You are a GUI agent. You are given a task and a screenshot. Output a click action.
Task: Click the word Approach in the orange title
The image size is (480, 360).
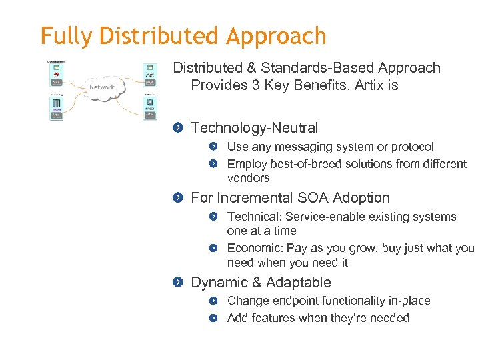pyautogui.click(x=276, y=36)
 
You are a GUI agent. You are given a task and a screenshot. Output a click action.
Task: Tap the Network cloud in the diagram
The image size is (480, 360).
pyautogui.click(x=102, y=87)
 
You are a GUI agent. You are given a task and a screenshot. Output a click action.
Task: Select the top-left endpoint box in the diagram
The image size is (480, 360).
pyautogui.click(x=57, y=74)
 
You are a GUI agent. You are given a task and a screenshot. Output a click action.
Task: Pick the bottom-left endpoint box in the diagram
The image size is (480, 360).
pyautogui.click(x=57, y=107)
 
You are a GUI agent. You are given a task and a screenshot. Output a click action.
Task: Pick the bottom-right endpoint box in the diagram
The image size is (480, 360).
pyautogui.click(x=150, y=107)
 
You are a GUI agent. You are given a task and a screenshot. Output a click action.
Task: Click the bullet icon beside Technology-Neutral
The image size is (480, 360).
pyautogui.click(x=177, y=128)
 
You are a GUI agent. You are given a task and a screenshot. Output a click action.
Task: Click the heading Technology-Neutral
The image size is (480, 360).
pyautogui.click(x=255, y=128)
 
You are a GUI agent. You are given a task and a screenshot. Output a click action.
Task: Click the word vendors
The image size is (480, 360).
pyautogui.click(x=248, y=178)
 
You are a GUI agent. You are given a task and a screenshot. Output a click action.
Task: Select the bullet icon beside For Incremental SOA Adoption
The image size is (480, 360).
pyautogui.click(x=177, y=198)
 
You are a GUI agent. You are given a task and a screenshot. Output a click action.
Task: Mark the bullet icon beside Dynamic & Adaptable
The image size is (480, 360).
pyautogui.click(x=177, y=283)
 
